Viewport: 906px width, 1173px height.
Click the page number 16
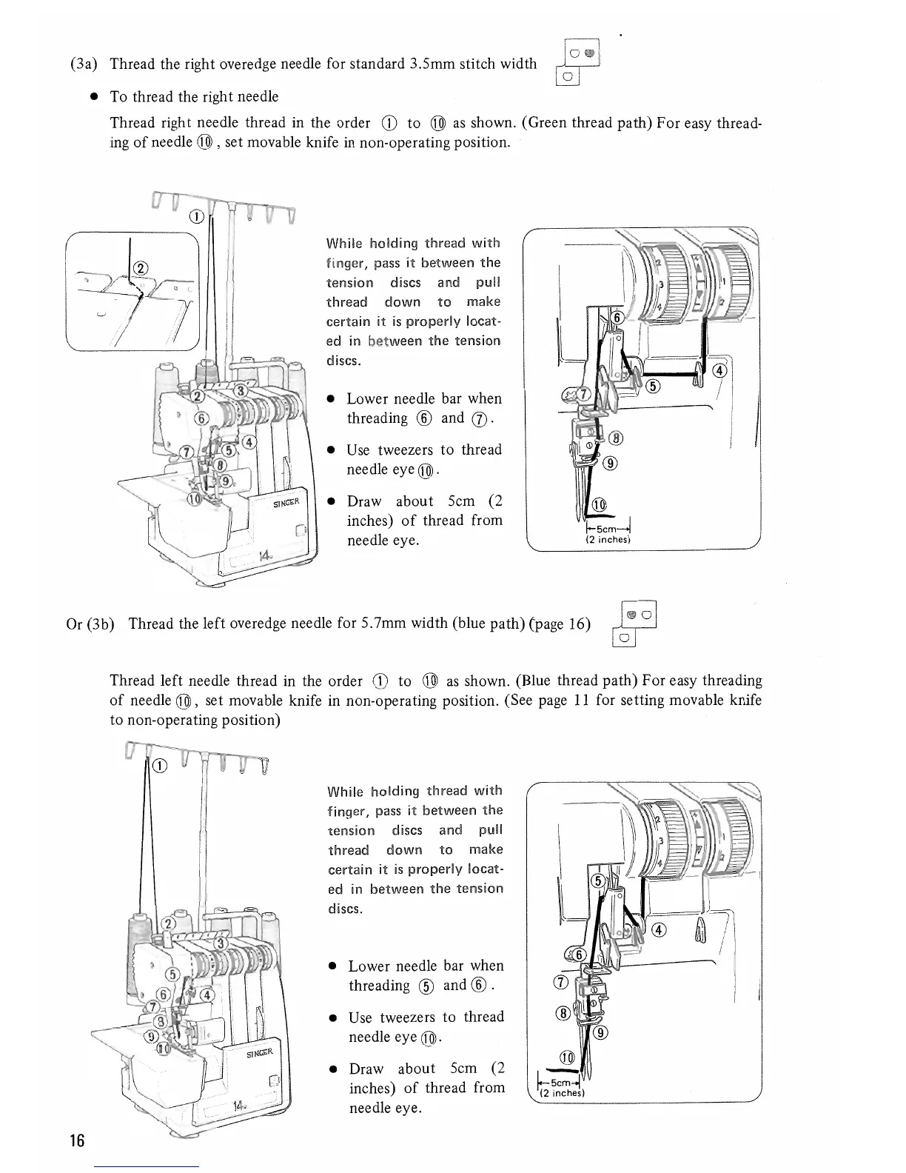(x=77, y=1140)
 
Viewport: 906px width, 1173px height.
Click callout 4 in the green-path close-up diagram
(x=718, y=372)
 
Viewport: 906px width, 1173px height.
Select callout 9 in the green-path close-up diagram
(x=610, y=464)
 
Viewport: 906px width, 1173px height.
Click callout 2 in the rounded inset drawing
(x=141, y=269)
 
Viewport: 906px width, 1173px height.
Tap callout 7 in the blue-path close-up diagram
(x=560, y=982)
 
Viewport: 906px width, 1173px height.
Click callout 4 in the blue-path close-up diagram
(x=660, y=930)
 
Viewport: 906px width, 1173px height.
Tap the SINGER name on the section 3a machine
(x=285, y=502)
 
